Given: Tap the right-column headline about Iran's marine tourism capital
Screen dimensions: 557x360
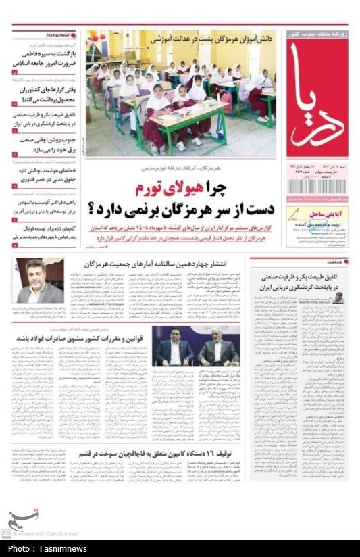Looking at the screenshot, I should pyautogui.click(x=303, y=280).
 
